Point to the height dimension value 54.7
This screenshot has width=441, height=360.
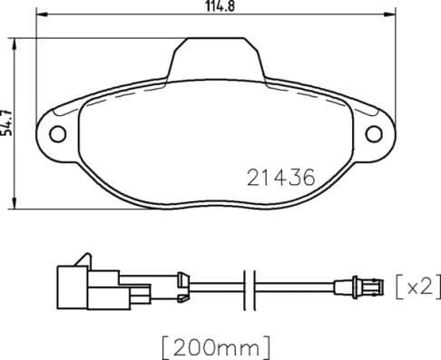coord(8,121)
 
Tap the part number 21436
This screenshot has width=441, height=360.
coord(280,179)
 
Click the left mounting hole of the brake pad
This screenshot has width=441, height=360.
coord(59,133)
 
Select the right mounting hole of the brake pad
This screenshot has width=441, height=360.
coord(373,133)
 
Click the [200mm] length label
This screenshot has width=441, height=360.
coord(216,345)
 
